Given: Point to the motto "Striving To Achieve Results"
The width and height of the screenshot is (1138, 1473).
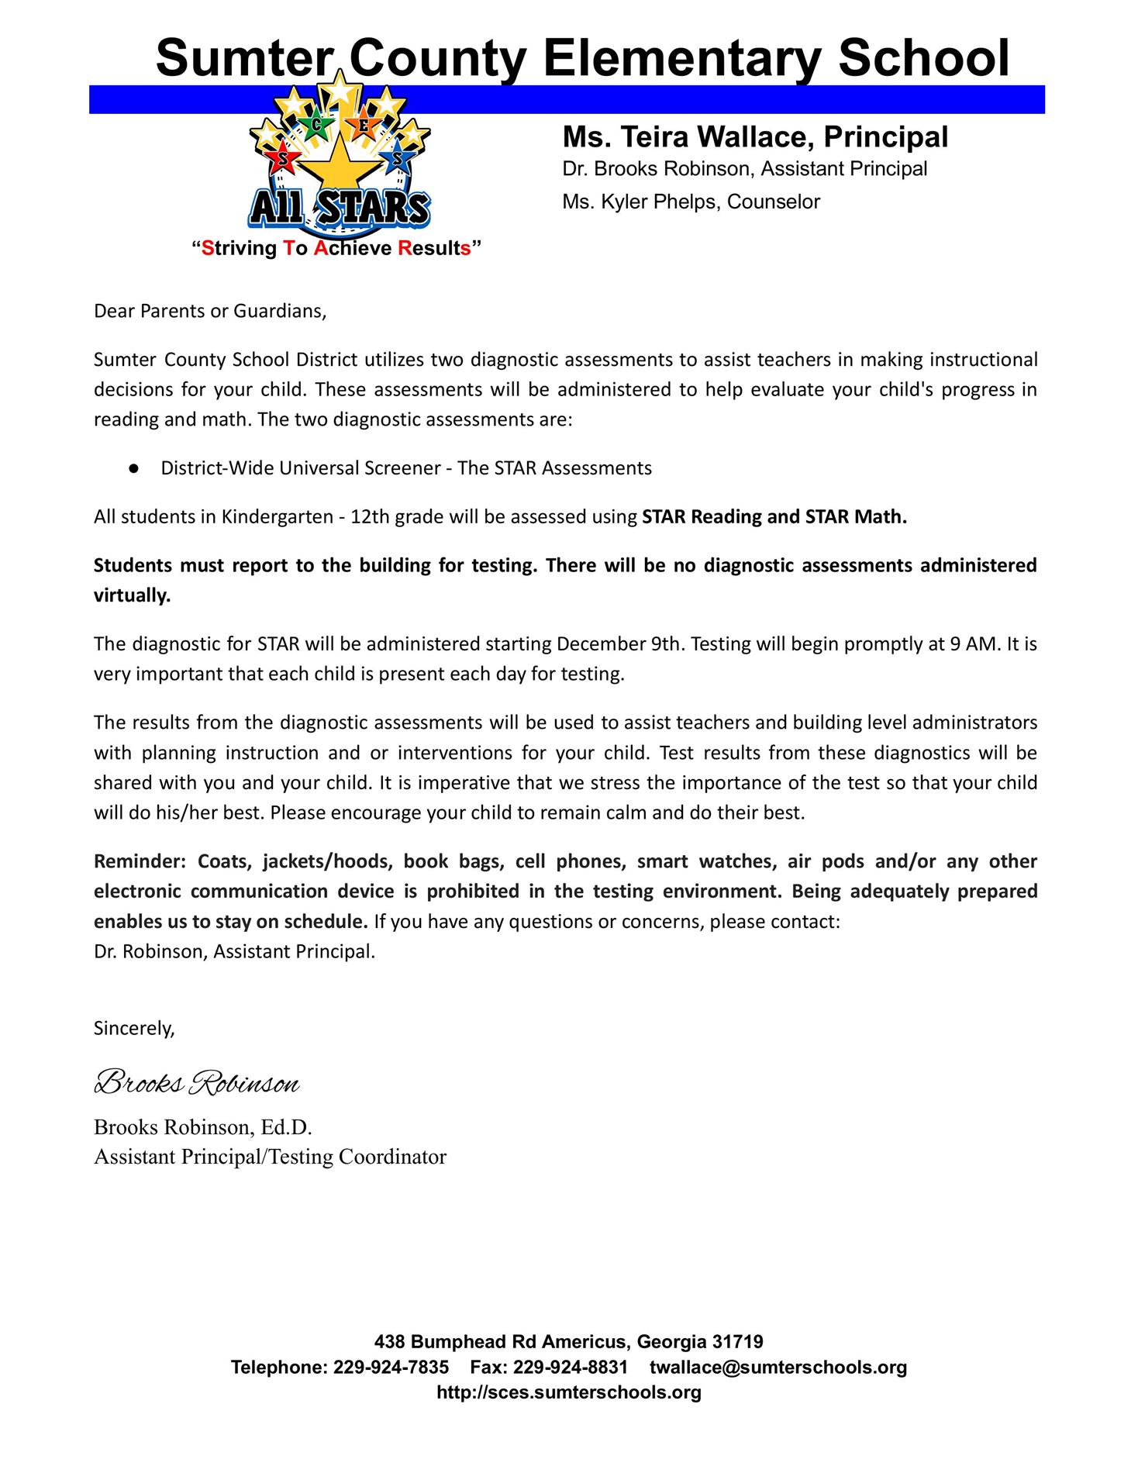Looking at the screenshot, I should [336, 249].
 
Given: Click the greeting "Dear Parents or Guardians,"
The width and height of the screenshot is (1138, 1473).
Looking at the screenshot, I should [210, 312].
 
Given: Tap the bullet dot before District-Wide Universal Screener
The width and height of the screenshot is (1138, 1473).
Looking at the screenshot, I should [133, 469].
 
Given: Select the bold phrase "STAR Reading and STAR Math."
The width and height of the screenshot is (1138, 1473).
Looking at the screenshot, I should [774, 517].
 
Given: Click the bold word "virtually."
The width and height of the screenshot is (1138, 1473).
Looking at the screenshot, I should [132, 595].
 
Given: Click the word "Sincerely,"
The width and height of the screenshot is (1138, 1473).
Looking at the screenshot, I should [134, 1028].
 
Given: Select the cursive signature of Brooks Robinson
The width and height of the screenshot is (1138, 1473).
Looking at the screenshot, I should [197, 1082].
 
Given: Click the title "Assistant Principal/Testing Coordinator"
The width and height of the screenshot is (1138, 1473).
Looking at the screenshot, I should [270, 1157].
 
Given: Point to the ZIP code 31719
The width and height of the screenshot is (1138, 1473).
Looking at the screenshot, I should [737, 1341].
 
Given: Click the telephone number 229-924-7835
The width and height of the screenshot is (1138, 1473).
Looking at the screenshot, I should [391, 1367].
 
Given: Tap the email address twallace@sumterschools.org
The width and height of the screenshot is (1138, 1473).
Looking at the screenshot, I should [778, 1367].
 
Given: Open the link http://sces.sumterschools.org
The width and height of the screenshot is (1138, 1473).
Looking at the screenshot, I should [569, 1392].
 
